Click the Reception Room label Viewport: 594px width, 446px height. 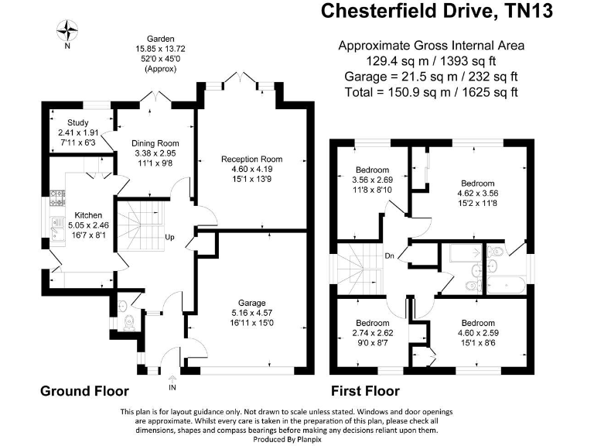(252, 159)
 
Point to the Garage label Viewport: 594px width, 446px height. (251, 303)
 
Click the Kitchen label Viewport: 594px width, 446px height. (88, 215)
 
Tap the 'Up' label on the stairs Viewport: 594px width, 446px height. (169, 237)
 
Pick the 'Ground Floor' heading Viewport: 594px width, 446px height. (84, 391)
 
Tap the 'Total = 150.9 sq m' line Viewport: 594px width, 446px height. (431, 91)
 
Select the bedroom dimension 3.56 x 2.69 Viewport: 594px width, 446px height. (372, 180)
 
